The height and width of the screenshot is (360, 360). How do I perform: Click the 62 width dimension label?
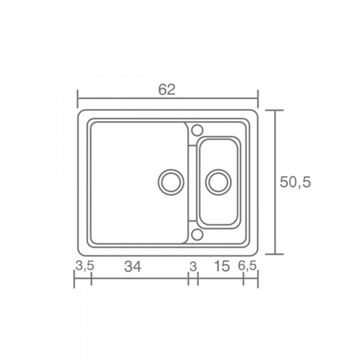pyautogui.click(x=167, y=89)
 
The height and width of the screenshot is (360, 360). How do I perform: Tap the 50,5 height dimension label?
pyautogui.click(x=295, y=182)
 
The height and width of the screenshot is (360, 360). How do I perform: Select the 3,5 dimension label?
pyautogui.click(x=85, y=266)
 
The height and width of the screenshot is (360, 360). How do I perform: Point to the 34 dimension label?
pyautogui.click(x=133, y=266)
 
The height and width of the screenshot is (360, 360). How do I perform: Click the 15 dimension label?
pyautogui.click(x=222, y=266)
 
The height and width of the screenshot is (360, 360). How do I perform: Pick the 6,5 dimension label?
pyautogui.click(x=247, y=266)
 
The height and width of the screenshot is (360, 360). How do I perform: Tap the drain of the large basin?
pyautogui.click(x=171, y=182)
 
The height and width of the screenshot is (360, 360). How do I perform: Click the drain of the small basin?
pyautogui.click(x=218, y=182)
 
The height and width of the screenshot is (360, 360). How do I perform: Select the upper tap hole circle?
pyautogui.click(x=197, y=131)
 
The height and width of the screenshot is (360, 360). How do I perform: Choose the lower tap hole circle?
pyautogui.click(x=197, y=235)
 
